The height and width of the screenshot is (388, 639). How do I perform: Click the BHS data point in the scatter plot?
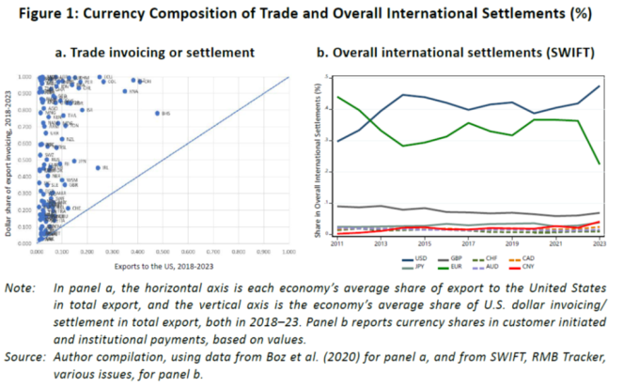pos(157,114)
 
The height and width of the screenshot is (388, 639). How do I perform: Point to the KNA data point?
pos(124,91)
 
